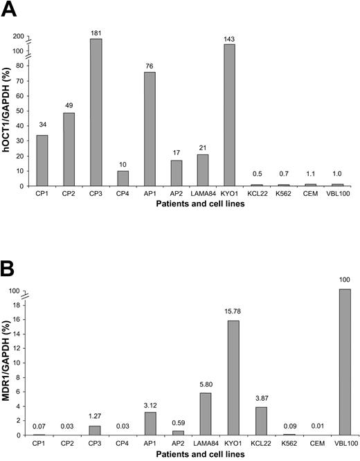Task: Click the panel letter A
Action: (10, 10)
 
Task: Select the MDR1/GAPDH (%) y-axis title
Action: (9, 363)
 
